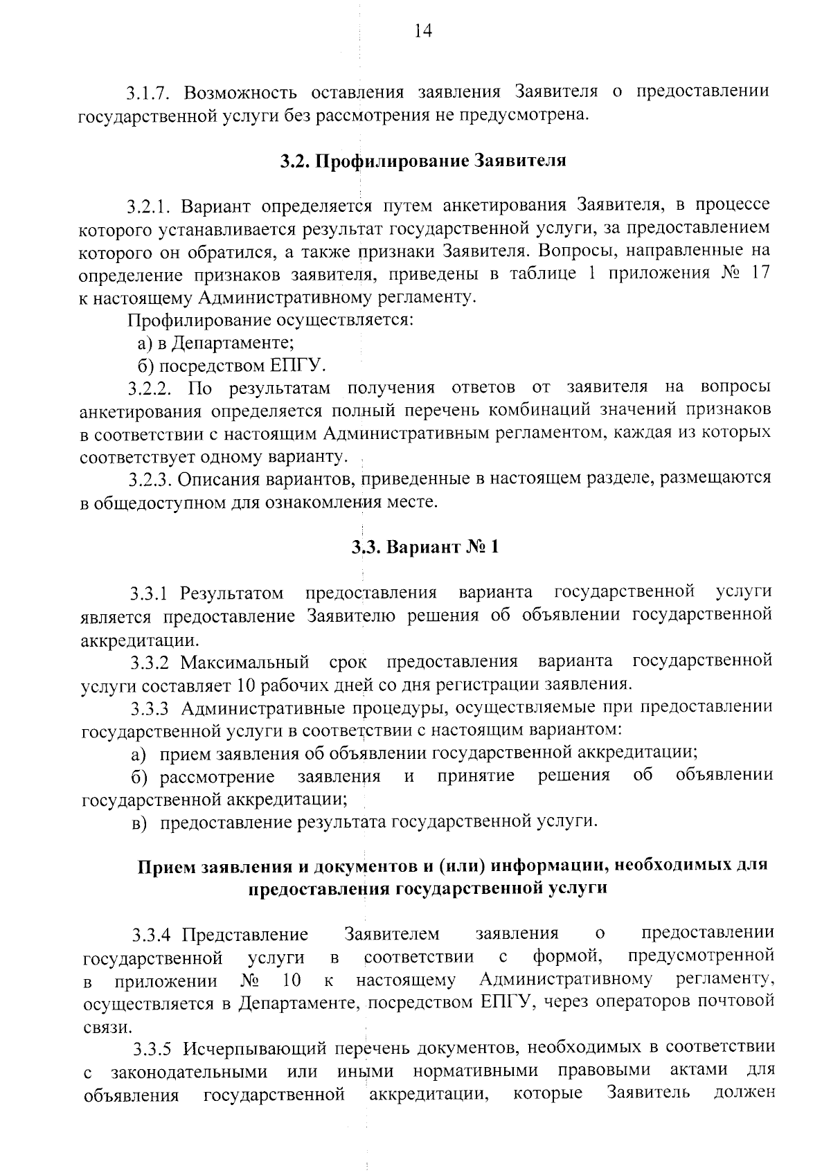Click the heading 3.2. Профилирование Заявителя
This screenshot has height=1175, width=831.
tap(423, 161)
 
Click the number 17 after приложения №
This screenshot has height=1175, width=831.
tap(760, 273)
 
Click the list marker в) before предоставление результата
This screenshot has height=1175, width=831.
tap(141, 822)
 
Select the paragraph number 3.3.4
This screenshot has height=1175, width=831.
tap(152, 935)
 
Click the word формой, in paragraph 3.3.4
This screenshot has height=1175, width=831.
tap(564, 958)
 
